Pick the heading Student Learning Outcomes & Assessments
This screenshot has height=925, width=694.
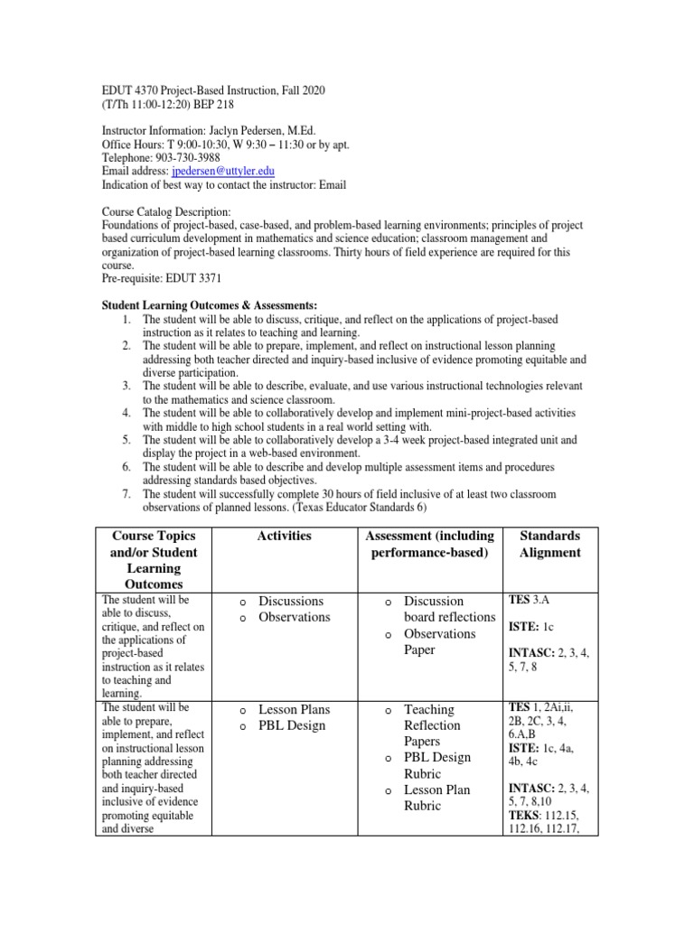point(210,304)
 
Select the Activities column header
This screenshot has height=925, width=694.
point(284,536)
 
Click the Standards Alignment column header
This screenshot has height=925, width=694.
point(549,544)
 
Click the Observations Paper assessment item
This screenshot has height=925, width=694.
point(440,641)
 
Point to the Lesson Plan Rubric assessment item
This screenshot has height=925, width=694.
point(436,798)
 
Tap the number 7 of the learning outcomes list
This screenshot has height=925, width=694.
point(127,494)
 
